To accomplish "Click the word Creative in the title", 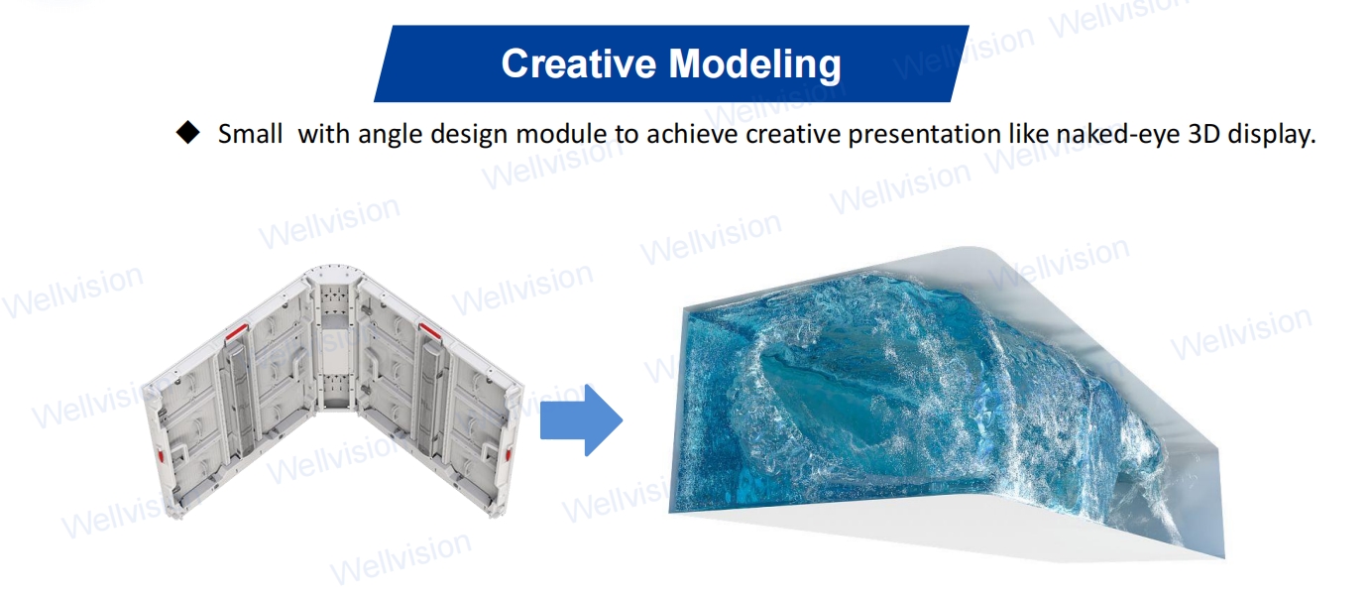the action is (x=578, y=63).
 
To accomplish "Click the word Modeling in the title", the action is (x=754, y=64).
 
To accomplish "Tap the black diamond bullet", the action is (x=187, y=133).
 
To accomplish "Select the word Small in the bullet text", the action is (x=250, y=134).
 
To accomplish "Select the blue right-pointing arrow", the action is (x=581, y=420).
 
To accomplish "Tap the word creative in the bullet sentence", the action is (x=794, y=134).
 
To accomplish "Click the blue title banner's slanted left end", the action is (x=384, y=63).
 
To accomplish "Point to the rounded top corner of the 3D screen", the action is (x=980, y=250).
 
